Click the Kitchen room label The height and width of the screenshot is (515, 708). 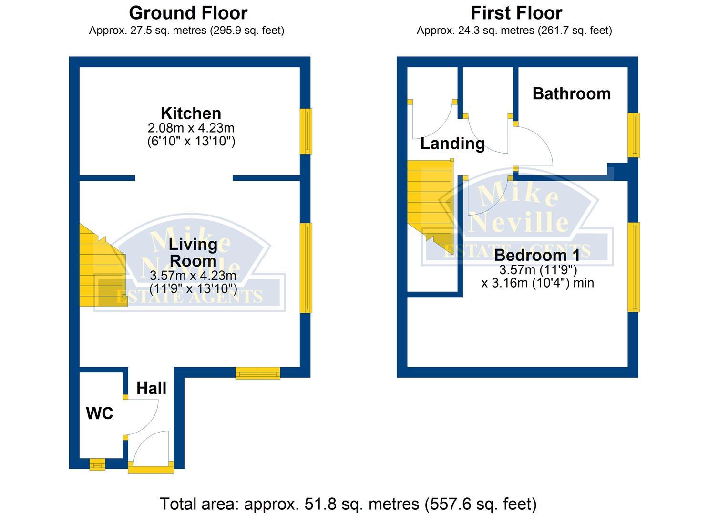pyautogui.click(x=191, y=113)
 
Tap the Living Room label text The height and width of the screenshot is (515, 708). pyautogui.click(x=193, y=253)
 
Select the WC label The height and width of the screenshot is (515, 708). pyautogui.click(x=100, y=413)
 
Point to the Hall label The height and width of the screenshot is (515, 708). pyautogui.click(x=152, y=388)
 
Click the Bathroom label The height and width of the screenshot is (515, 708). pyautogui.click(x=571, y=93)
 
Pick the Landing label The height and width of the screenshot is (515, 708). pyautogui.click(x=452, y=143)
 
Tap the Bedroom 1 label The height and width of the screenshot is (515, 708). pyautogui.click(x=537, y=255)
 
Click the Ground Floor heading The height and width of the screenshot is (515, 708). pyautogui.click(x=188, y=13)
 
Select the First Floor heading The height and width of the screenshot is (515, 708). pyautogui.click(x=516, y=13)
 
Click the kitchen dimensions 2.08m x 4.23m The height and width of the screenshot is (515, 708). pyautogui.click(x=191, y=128)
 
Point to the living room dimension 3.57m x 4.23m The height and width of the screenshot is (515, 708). pyautogui.click(x=193, y=276)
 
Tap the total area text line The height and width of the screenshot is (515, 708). pyautogui.click(x=348, y=504)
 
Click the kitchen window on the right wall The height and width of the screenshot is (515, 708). pyautogui.click(x=306, y=131)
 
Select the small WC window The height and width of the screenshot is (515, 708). pyautogui.click(x=97, y=464)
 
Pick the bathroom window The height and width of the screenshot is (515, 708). pyautogui.click(x=633, y=135)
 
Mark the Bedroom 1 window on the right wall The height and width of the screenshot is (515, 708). pyautogui.click(x=633, y=267)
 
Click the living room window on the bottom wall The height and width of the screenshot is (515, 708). pyautogui.click(x=258, y=372)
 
